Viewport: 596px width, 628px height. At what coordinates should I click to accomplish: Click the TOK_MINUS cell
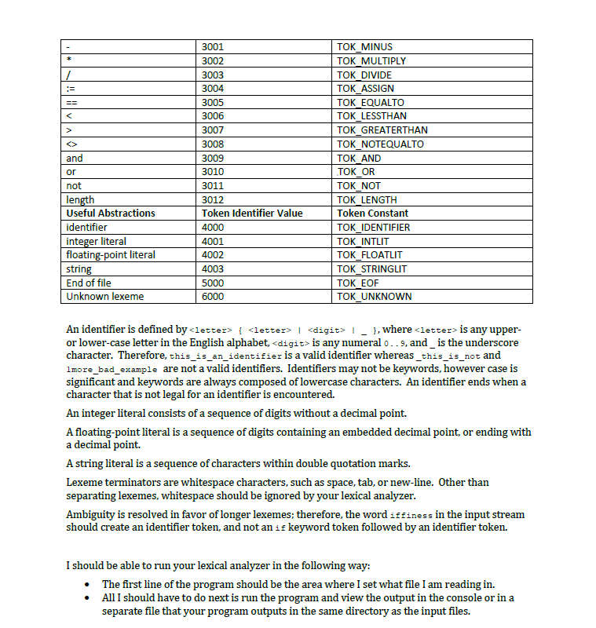point(364,47)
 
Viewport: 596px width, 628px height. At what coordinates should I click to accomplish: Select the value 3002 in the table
point(213,60)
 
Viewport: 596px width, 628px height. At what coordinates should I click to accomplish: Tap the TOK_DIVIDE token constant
point(364,75)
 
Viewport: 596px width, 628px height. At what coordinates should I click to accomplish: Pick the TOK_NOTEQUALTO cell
point(380,144)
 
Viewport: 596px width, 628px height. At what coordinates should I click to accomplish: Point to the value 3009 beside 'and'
point(213,158)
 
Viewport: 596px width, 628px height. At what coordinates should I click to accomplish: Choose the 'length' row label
point(80,199)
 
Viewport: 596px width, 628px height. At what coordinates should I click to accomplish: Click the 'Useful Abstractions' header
point(111,213)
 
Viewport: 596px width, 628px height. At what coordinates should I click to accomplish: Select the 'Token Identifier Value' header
point(252,213)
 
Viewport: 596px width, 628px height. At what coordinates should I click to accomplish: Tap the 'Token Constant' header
point(373,213)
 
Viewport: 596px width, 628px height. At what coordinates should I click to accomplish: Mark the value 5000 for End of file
point(213,283)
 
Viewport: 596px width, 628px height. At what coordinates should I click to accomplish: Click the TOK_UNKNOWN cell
point(374,297)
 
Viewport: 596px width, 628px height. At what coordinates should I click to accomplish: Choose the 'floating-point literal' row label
point(111,254)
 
